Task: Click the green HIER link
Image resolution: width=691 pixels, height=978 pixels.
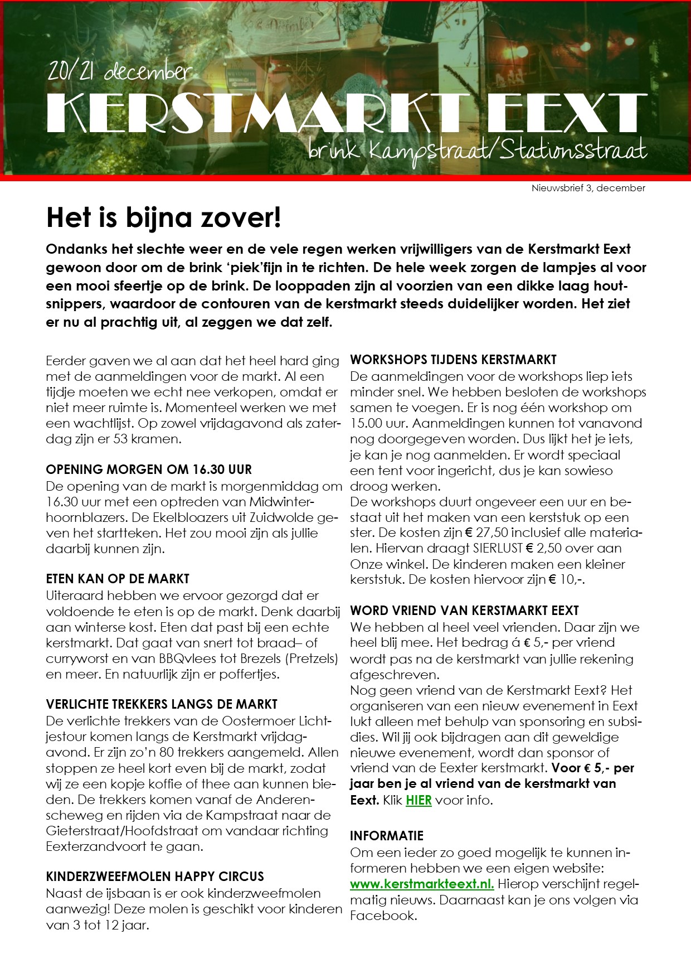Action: click(x=419, y=800)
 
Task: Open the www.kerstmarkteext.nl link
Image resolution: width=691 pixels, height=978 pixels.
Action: click(x=422, y=884)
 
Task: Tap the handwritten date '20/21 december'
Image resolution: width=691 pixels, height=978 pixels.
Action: click(x=120, y=71)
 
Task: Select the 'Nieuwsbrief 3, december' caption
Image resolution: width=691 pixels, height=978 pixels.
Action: click(x=588, y=188)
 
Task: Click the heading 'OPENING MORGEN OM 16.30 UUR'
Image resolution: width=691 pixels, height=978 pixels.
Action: click(x=149, y=469)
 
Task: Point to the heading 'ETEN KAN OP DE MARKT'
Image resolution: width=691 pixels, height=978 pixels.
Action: click(x=118, y=579)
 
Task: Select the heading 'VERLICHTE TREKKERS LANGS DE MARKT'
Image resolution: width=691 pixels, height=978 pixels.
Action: click(x=162, y=704)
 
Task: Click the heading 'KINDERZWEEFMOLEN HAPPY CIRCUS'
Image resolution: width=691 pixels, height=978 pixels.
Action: click(x=155, y=876)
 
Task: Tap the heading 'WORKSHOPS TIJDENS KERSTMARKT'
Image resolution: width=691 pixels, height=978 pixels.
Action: click(x=453, y=360)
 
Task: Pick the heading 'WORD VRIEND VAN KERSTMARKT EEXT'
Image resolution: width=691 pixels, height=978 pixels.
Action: click(x=464, y=611)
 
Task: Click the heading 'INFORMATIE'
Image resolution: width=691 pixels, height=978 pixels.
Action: click(x=387, y=836)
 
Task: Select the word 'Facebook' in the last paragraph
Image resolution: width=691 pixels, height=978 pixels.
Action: click(x=383, y=916)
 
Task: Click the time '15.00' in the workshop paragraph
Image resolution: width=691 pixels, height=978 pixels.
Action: click(x=366, y=423)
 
